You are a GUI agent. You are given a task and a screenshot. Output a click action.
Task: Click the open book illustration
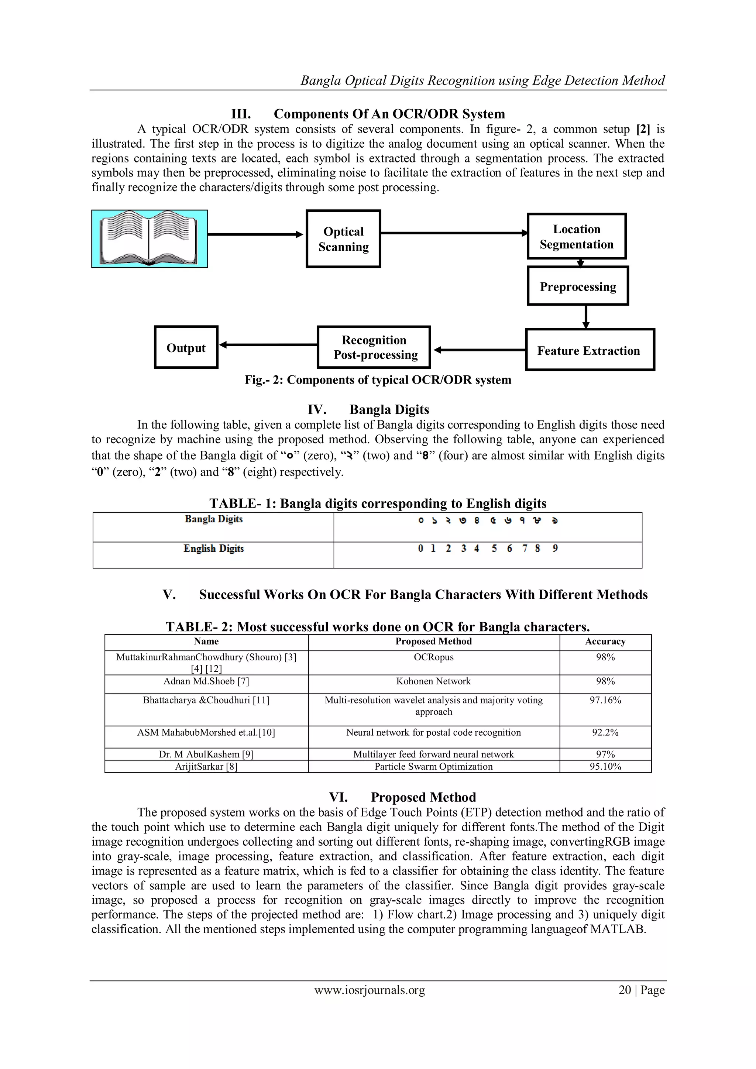(x=150, y=239)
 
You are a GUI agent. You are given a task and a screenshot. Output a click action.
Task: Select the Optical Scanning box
(x=343, y=239)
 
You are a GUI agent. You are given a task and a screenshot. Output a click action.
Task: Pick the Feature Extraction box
(x=590, y=350)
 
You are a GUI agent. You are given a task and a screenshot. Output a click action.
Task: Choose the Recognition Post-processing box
(x=374, y=347)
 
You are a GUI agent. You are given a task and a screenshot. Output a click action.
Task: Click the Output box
(x=186, y=347)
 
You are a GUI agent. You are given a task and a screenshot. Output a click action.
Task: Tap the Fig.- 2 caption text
(x=378, y=380)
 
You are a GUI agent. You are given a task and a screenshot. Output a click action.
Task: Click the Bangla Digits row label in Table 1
(x=214, y=519)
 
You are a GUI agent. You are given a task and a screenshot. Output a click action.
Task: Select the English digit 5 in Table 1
(x=494, y=549)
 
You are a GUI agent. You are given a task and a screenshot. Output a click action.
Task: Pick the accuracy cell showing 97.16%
(x=605, y=700)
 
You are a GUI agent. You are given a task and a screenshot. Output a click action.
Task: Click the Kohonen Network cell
(x=433, y=681)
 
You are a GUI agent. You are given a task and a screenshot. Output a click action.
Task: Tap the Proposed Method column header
(x=433, y=641)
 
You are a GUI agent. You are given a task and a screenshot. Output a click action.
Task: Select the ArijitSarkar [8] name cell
(x=206, y=766)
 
